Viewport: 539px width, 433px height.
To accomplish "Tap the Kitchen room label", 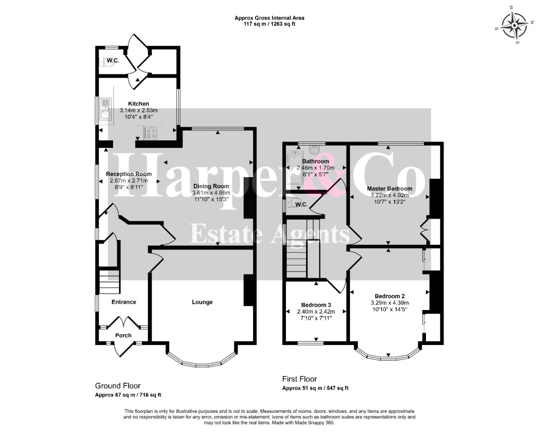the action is (x=138, y=104).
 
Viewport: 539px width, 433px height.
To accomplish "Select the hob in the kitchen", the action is (x=151, y=133).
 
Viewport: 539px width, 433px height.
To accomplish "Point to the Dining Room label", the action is (x=211, y=186).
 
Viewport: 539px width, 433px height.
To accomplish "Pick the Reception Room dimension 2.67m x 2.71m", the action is (x=129, y=180).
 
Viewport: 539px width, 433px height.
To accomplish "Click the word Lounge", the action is (x=202, y=302).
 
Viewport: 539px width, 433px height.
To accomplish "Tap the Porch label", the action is (x=123, y=335).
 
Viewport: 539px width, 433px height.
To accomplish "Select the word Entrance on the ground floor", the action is (x=124, y=302).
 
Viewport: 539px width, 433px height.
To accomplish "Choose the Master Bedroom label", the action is (x=389, y=188).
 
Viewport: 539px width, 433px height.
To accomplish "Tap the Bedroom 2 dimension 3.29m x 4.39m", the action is (x=390, y=303).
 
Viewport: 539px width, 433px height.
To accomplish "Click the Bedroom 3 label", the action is (x=316, y=305).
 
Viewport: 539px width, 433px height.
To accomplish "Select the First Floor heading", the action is (x=300, y=379).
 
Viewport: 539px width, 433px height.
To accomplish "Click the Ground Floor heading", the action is (x=118, y=386).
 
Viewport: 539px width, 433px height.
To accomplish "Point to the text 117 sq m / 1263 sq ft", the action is (x=269, y=24).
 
